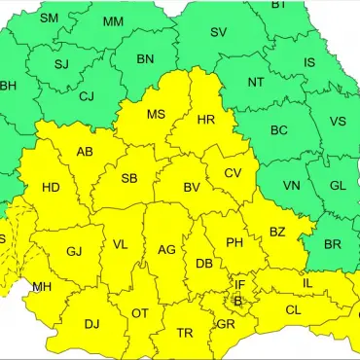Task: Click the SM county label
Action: pyautogui.click(x=49, y=18)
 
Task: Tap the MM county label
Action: pyautogui.click(x=113, y=21)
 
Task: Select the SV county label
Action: pyautogui.click(x=219, y=32)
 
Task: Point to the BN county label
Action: pyautogui.click(x=145, y=59)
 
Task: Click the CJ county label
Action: pyautogui.click(x=87, y=96)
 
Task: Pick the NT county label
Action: pyautogui.click(x=256, y=83)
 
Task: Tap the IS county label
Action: pyautogui.click(x=309, y=63)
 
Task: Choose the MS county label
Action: pyautogui.click(x=156, y=115)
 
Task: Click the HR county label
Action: pyautogui.click(x=205, y=120)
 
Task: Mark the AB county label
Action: pyautogui.click(x=85, y=152)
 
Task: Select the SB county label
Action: pyautogui.click(x=129, y=179)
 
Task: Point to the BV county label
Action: pyautogui.click(x=192, y=187)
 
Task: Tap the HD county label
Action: pyautogui.click(x=52, y=187)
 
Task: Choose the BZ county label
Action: pyautogui.click(x=277, y=232)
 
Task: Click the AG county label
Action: pyautogui.click(x=166, y=250)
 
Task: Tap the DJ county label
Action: pyautogui.click(x=91, y=324)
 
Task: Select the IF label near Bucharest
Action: pyautogui.click(x=239, y=285)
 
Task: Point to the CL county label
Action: pyautogui.click(x=293, y=309)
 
